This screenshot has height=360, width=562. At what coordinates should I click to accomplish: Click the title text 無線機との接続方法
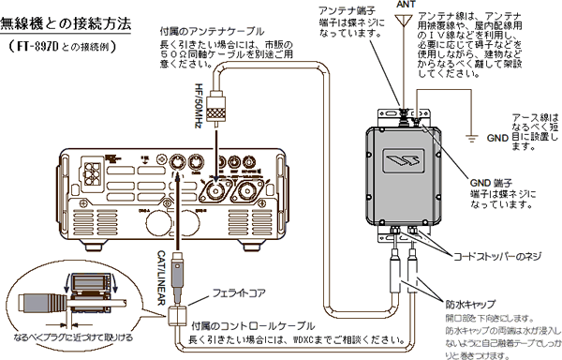click(67, 20)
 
